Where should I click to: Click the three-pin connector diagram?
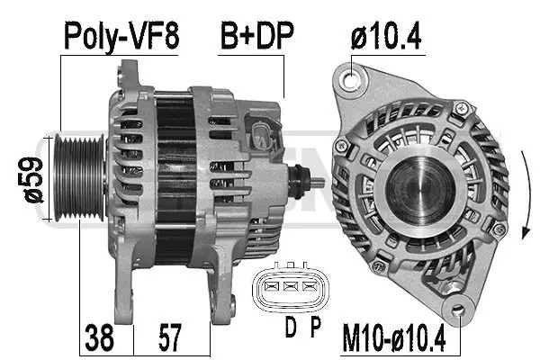[287, 286]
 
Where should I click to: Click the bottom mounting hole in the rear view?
[461, 311]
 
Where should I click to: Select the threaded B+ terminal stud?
[314, 182]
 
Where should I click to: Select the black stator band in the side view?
[175, 180]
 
